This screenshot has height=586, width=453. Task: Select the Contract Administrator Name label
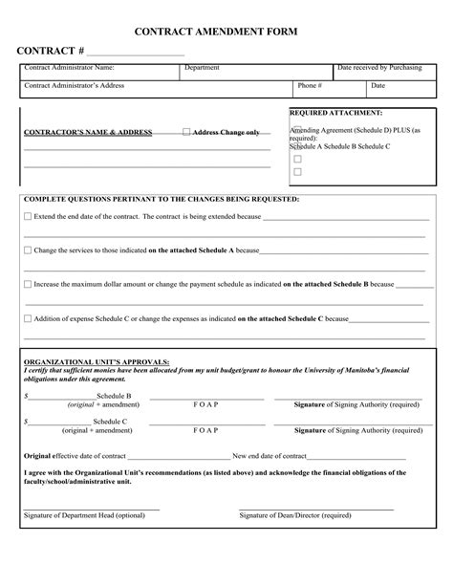point(69,68)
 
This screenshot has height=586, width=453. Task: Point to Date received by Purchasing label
point(379,68)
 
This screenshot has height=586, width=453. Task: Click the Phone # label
point(307,85)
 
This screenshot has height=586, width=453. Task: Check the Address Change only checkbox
point(186,132)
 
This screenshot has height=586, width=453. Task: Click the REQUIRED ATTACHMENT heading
point(335,112)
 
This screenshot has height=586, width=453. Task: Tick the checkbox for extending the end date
point(27,217)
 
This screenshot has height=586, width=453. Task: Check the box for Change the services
point(27,250)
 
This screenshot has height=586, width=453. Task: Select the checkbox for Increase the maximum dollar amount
point(27,284)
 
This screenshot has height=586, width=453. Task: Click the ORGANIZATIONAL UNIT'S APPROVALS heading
point(96,362)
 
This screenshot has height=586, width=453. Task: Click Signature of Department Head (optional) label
point(84,515)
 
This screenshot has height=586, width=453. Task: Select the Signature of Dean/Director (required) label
point(295,515)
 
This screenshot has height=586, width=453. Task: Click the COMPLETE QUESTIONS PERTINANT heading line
point(161,199)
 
